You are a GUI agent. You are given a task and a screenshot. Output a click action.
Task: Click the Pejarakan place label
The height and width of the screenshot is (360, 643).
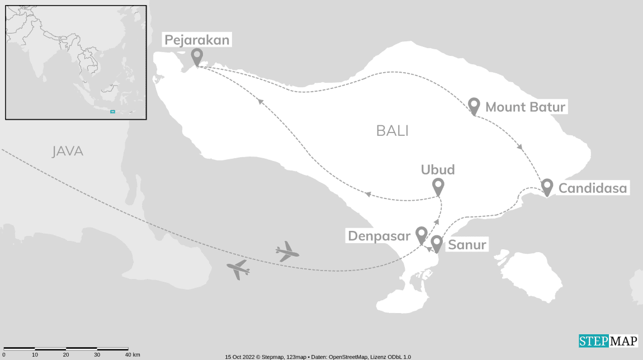click(x=196, y=40)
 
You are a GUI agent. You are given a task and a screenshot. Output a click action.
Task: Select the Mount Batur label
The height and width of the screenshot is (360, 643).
click(x=526, y=107)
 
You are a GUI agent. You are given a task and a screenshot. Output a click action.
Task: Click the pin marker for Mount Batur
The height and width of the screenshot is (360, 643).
click(x=474, y=106)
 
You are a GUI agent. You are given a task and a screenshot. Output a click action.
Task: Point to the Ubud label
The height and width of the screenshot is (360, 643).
click(x=438, y=170)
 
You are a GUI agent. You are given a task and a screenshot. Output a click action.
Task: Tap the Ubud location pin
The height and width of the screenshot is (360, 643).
click(x=438, y=186)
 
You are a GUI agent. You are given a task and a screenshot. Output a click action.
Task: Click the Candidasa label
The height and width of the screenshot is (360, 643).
click(x=593, y=188)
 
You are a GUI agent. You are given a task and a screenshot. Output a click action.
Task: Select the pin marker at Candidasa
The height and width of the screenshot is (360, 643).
click(x=547, y=187)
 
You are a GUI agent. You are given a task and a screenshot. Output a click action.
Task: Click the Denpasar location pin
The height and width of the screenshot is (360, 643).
click(x=421, y=235)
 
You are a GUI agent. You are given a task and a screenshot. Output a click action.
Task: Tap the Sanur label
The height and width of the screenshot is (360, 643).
click(x=467, y=244)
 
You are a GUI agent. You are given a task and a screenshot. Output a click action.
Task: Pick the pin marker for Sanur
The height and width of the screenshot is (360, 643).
click(x=436, y=244)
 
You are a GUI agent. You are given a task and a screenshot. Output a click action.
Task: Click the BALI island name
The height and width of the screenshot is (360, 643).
click(x=392, y=131)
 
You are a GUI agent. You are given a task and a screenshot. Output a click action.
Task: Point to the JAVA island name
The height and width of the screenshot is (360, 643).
click(x=67, y=151)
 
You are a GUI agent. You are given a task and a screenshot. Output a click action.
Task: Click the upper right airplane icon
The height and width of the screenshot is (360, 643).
click(x=287, y=252)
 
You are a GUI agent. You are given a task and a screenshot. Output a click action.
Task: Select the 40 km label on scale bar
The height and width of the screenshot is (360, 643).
click(x=133, y=355)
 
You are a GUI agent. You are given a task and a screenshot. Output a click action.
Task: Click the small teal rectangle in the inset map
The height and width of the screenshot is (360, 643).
click(x=112, y=111)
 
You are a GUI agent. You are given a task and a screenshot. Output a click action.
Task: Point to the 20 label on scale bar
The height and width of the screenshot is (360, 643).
click(x=66, y=355)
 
